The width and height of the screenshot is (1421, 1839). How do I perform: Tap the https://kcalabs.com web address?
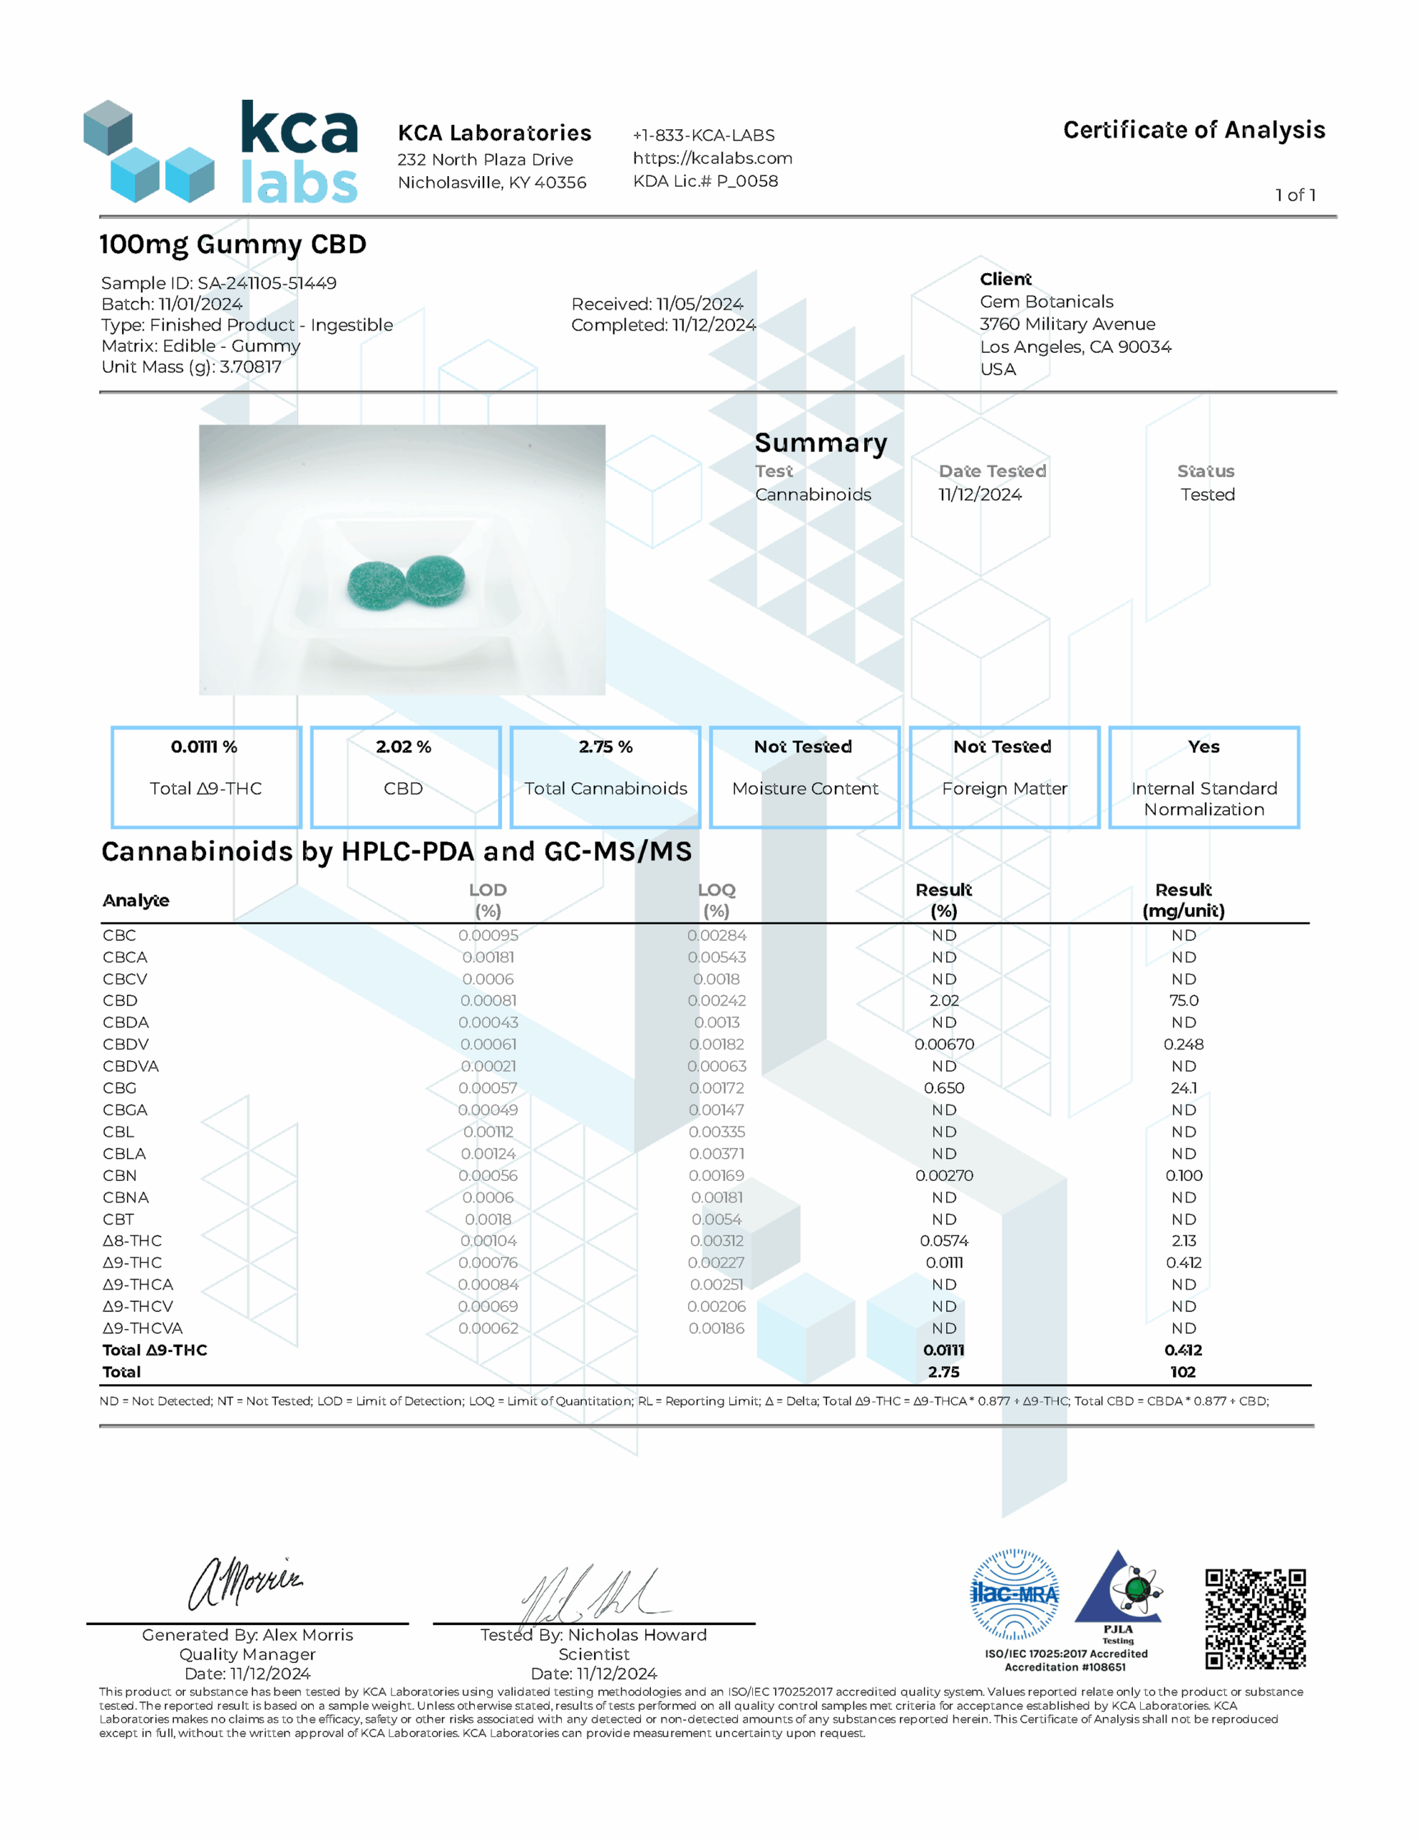[x=712, y=158]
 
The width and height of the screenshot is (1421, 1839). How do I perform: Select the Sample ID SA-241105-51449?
[x=267, y=283]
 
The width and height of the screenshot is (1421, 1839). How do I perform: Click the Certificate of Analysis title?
[x=1193, y=131]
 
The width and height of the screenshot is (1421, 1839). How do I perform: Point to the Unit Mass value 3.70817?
[x=250, y=367]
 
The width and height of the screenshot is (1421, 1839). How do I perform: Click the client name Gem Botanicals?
[x=1045, y=302]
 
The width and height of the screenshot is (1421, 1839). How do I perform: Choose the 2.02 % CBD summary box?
[x=405, y=777]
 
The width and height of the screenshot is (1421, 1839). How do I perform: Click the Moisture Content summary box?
[x=805, y=777]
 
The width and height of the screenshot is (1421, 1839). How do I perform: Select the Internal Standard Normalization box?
[x=1203, y=777]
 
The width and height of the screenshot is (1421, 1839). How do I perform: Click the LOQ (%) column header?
[x=716, y=900]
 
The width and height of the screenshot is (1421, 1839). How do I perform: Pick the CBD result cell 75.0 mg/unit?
[x=1183, y=1001]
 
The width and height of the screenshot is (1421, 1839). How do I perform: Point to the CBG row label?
[x=119, y=1088]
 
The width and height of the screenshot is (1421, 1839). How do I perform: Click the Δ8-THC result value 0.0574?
[x=943, y=1241]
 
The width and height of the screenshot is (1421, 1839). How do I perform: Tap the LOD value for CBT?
[x=488, y=1219]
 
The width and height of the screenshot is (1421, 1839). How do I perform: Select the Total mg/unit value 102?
[x=1182, y=1371]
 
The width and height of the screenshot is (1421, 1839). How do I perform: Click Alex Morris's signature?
[x=244, y=1583]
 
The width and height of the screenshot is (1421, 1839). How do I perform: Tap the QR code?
[x=1254, y=1618]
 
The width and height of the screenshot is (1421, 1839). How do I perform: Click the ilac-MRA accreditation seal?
[x=1014, y=1594]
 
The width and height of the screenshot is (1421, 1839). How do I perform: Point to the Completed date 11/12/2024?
[x=713, y=325]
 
